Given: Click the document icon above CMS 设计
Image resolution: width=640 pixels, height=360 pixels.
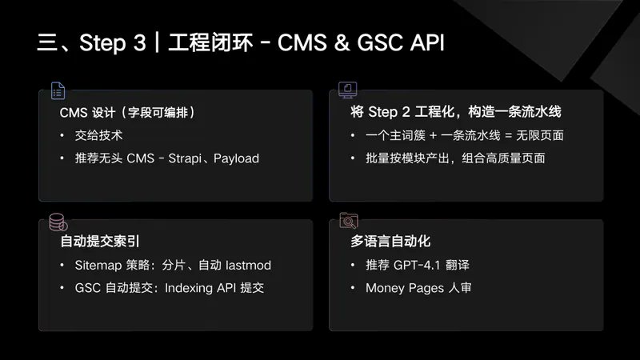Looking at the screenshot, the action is click(x=58, y=90).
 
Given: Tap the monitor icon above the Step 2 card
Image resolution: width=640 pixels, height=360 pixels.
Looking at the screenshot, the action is click(x=348, y=90).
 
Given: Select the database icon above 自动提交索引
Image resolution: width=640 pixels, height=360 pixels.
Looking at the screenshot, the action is click(x=58, y=222).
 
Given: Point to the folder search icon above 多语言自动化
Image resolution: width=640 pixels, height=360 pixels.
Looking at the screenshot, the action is click(x=349, y=221).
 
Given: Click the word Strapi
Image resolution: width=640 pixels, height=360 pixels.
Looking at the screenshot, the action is click(x=185, y=158).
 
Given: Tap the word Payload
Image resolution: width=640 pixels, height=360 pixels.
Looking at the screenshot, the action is click(x=236, y=158).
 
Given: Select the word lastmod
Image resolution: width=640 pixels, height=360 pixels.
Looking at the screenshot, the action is click(x=248, y=266).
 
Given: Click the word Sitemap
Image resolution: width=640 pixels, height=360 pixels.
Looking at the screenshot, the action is click(x=98, y=266).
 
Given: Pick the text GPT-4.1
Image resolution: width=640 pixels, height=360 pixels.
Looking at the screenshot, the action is click(x=417, y=266).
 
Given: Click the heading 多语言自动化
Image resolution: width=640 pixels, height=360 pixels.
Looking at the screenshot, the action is click(x=390, y=242).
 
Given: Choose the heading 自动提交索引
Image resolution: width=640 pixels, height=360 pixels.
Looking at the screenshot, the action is click(x=100, y=242).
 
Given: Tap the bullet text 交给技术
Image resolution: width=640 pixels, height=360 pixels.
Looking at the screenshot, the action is click(x=98, y=135).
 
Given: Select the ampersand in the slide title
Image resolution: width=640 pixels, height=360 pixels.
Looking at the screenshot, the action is click(x=342, y=42).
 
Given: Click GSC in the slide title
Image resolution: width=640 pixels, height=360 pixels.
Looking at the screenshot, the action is click(x=381, y=42).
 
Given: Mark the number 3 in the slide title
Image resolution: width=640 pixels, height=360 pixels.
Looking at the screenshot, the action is click(x=139, y=42).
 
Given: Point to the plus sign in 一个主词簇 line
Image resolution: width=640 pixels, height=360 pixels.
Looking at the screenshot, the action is click(x=433, y=135).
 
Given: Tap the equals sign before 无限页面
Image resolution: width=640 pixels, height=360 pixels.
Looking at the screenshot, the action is click(x=508, y=135).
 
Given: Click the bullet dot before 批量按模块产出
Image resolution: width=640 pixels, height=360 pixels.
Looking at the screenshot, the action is click(x=353, y=158).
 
